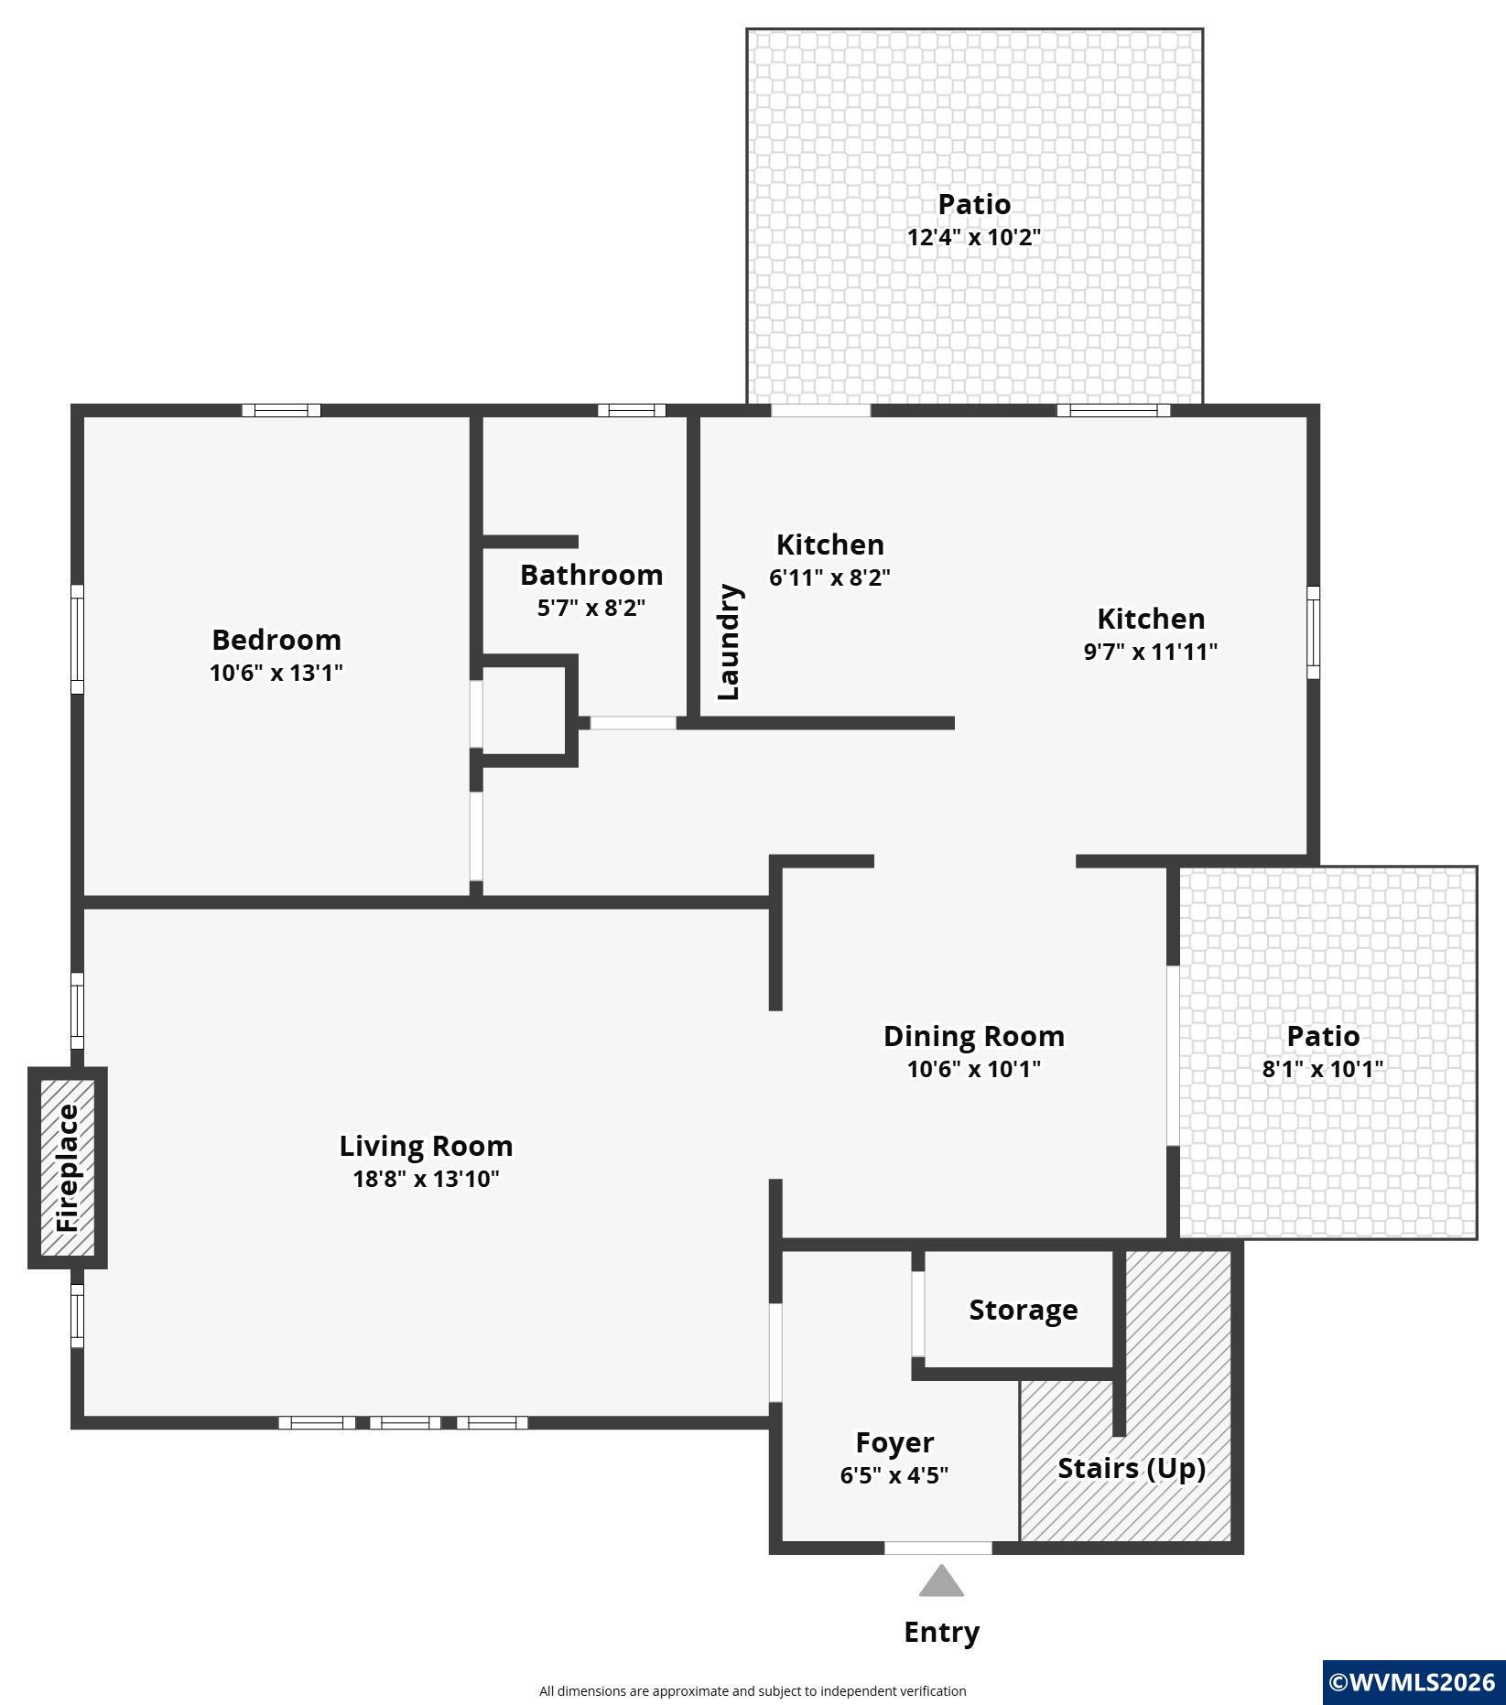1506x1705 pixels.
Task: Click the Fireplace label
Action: coord(69,1168)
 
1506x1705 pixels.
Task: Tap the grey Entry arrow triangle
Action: coord(941,1581)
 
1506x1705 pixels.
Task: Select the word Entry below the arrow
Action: coord(941,1632)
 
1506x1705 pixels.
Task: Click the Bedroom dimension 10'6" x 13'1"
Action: coord(276,673)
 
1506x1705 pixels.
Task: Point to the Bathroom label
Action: coord(591,575)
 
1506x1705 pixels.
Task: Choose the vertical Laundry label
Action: coord(730,642)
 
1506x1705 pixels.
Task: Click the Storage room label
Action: coord(1023,1310)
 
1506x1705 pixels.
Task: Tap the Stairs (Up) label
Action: coord(1131,1468)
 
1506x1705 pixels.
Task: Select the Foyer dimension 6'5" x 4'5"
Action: coord(894,1475)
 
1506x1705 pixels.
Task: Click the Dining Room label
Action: coord(973,1036)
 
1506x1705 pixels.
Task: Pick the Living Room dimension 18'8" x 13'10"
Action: coord(426,1179)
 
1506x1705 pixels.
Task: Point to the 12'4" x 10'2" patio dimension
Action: coord(973,237)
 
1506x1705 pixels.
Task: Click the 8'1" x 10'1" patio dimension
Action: coord(1322,1069)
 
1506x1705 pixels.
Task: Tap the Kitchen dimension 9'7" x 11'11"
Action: coord(1150,652)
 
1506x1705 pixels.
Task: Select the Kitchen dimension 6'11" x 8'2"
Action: coord(829,577)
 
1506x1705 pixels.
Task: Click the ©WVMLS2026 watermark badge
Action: coord(1414,1682)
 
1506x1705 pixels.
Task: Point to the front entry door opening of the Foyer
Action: coord(937,1548)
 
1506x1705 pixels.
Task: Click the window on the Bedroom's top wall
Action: coord(281,410)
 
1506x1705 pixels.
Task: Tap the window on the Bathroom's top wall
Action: coord(632,410)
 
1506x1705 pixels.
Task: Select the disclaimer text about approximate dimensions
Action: coord(753,1691)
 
